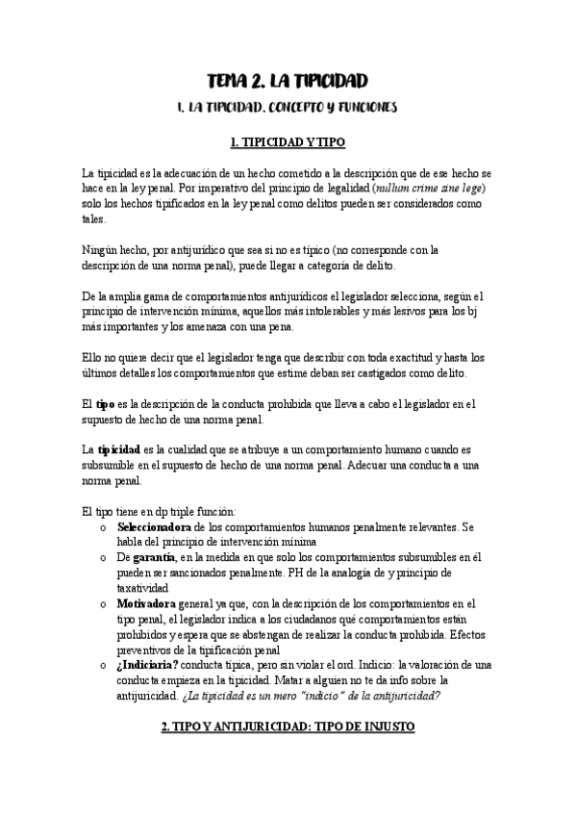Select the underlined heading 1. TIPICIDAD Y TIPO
(x=288, y=142)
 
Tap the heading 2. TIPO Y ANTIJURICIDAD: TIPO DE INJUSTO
(x=288, y=728)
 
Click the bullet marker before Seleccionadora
(x=104, y=529)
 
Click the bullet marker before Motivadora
(x=104, y=605)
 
